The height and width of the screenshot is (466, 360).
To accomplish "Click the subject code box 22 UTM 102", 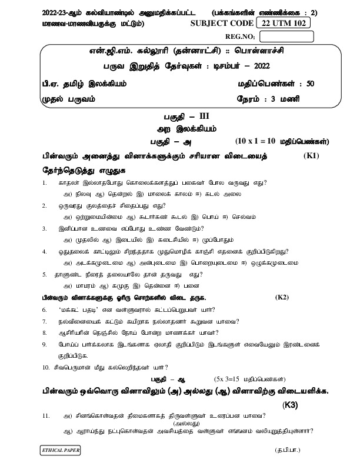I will [284, 23].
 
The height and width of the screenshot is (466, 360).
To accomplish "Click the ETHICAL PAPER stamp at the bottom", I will [60, 450].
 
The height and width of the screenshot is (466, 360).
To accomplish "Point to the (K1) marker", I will [312, 156].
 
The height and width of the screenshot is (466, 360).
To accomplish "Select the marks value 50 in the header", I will [311, 84].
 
